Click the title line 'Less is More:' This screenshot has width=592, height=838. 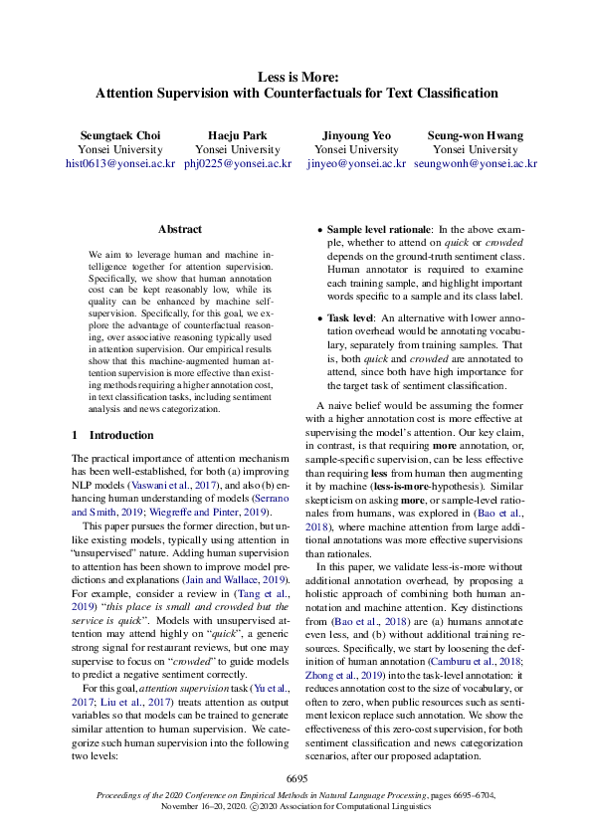(296, 76)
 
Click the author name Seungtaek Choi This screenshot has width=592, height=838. (119, 134)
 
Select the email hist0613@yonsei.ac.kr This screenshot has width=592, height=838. (119, 162)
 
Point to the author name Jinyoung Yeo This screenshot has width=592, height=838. (356, 134)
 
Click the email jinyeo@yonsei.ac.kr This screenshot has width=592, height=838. (356, 162)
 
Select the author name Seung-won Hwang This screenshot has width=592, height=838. (475, 134)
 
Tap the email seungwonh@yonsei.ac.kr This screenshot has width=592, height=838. (475, 162)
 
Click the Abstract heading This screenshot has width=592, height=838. (179, 229)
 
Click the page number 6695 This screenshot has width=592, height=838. (296, 776)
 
